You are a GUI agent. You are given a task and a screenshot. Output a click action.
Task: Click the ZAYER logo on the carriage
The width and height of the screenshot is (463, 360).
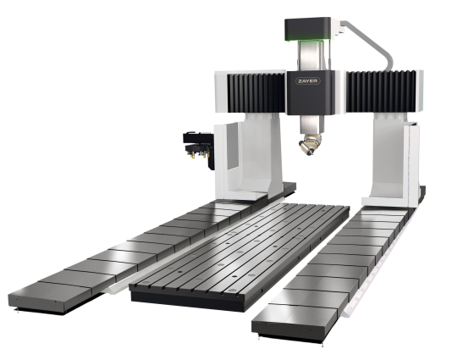coord(308,81)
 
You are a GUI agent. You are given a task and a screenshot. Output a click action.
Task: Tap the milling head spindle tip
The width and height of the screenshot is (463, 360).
coord(310,152)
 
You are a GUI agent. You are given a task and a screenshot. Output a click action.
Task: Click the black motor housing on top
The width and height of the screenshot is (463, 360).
coord(307,29)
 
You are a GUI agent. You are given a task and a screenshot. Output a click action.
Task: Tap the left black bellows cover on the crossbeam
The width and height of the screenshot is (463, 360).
coord(256,92)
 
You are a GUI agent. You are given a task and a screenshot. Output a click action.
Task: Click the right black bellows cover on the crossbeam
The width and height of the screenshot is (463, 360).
coord(381,91)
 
